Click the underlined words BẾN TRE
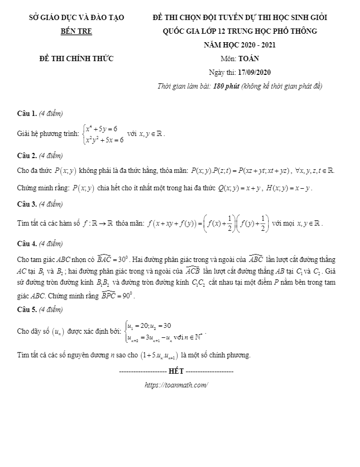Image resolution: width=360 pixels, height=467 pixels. (x=76, y=31)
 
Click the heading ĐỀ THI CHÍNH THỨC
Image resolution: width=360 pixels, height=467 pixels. (x=76, y=58)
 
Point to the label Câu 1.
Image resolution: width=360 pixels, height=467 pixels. (x=27, y=113)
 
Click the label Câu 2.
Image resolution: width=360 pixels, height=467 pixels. (x=27, y=155)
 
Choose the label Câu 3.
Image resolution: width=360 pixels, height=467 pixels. (x=27, y=204)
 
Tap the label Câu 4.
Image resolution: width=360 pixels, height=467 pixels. (x=27, y=244)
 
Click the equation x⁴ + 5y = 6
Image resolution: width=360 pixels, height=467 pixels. (x=102, y=128)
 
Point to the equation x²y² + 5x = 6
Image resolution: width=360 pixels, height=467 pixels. (x=105, y=140)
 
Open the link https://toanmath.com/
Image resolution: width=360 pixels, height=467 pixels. (x=176, y=385)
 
